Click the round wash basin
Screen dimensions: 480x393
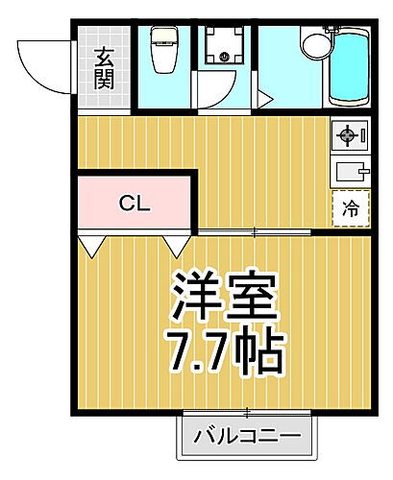coord(314,45)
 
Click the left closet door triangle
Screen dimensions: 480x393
coord(91,248)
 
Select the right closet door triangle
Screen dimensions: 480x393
coord(176,248)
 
